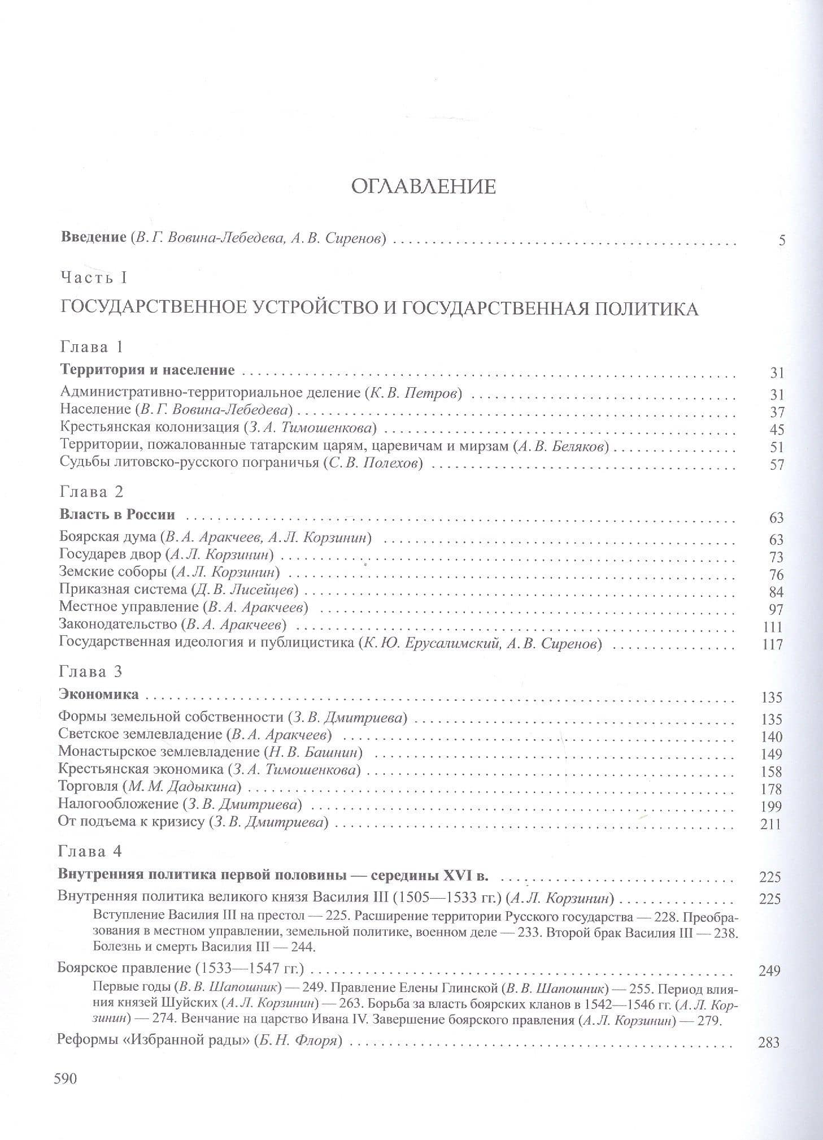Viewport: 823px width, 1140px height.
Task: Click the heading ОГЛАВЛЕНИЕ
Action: pyautogui.click(x=423, y=186)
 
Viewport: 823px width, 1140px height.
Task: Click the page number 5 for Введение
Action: pyautogui.click(x=782, y=240)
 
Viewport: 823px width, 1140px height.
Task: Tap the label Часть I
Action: pyautogui.click(x=94, y=278)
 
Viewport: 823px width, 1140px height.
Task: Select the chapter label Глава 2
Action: pyautogui.click(x=92, y=491)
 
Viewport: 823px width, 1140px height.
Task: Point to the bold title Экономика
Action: pyautogui.click(x=98, y=694)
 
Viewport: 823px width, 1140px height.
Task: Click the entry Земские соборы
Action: pyautogui.click(x=113, y=572)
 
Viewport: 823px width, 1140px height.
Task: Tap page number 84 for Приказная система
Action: pyautogui.click(x=776, y=592)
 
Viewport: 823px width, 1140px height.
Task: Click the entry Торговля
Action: pyautogui.click(x=88, y=786)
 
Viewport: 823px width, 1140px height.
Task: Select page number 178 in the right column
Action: pyautogui.click(x=771, y=789)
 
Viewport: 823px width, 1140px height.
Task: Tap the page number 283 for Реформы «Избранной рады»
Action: pyautogui.click(x=769, y=1042)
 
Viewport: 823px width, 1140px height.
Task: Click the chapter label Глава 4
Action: pyautogui.click(x=90, y=851)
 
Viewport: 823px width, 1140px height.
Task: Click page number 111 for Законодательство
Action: pyautogui.click(x=772, y=627)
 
